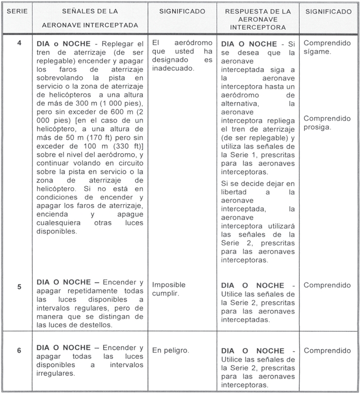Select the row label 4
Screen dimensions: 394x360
pos(19,43)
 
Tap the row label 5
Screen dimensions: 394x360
pos(19,287)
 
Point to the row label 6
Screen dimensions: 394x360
pos(19,351)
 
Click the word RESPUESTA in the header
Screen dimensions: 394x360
pos(243,11)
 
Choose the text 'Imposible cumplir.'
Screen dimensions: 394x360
pos(169,289)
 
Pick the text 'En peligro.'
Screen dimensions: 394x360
pos(171,350)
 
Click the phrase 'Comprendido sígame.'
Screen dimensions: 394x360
pos(327,47)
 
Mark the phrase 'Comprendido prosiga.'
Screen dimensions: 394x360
pos(327,122)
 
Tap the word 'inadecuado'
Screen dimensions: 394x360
pos(173,69)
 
